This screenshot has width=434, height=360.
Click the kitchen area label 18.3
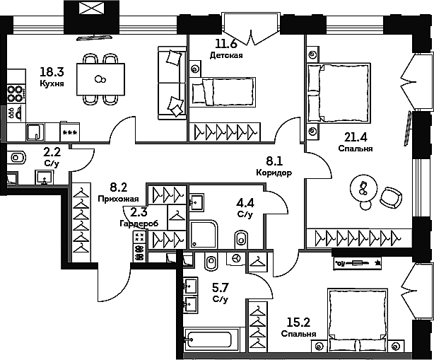[x=52, y=72]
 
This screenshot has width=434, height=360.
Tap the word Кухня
[x=52, y=83]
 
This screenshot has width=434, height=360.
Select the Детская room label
[x=226, y=55]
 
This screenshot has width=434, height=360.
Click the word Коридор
[x=274, y=173]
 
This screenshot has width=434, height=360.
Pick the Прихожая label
[x=118, y=199]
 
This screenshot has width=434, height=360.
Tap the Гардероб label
[x=139, y=223]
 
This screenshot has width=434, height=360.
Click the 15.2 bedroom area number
[x=298, y=323]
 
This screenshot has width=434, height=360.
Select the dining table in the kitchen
[x=100, y=79]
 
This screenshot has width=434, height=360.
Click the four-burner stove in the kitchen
[x=16, y=94]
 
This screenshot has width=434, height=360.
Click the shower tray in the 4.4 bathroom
[x=204, y=234]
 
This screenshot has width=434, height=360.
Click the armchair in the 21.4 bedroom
[x=391, y=197]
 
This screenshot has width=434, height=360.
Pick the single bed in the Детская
[x=223, y=91]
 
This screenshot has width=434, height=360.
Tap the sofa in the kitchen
[x=172, y=83]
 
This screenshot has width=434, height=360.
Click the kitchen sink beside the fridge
[x=36, y=132]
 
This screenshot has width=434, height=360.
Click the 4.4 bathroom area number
[x=245, y=203]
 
